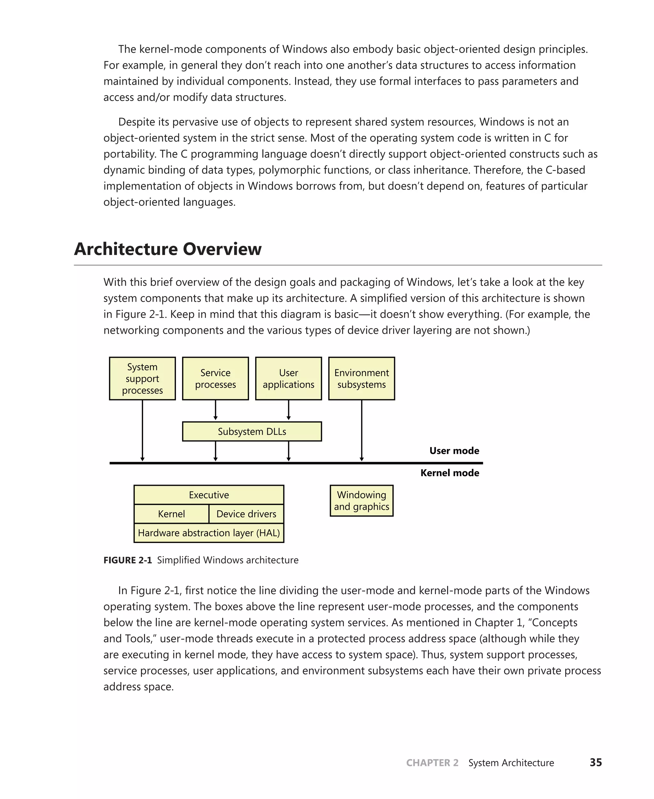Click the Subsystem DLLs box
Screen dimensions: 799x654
(x=252, y=431)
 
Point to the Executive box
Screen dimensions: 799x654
(x=209, y=495)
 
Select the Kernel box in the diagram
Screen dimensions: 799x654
(x=171, y=514)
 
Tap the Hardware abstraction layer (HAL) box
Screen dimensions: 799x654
(x=209, y=533)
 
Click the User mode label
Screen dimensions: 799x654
(x=454, y=451)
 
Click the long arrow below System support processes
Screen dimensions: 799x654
(x=142, y=430)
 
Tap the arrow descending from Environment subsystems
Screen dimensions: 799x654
(x=362, y=430)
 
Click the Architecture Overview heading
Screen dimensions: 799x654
(x=168, y=249)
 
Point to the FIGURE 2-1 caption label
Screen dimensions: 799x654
(x=127, y=560)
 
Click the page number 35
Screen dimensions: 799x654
(x=595, y=763)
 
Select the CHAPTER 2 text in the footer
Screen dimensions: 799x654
(x=432, y=763)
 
